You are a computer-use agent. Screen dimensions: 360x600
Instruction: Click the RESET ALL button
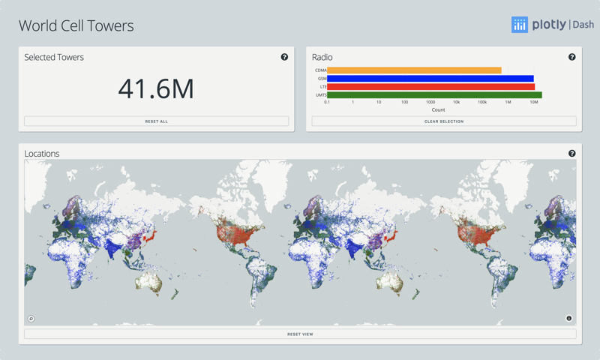[x=156, y=121]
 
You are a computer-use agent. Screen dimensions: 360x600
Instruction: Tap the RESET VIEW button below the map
[x=300, y=334]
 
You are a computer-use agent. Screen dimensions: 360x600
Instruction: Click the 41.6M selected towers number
[x=156, y=88]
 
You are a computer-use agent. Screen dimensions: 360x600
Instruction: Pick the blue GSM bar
[x=430, y=79]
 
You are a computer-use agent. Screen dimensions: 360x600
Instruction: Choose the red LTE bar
[x=430, y=87]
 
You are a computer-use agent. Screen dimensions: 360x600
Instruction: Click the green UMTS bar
[x=434, y=95]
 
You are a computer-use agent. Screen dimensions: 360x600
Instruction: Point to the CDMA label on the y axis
[x=321, y=70]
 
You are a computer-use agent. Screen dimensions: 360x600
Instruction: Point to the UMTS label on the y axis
[x=321, y=95]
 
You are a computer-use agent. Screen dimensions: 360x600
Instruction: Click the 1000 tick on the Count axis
[x=430, y=102]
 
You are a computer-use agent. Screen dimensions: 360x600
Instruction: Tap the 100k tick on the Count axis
[x=482, y=102]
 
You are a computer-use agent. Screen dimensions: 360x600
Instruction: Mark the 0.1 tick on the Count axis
[x=327, y=102]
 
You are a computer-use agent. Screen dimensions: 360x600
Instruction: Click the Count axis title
[x=438, y=109]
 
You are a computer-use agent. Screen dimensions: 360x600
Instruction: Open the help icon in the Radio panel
[x=571, y=57]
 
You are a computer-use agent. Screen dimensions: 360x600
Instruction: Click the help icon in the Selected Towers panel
[x=284, y=57]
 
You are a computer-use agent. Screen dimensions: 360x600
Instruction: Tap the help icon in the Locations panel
[x=571, y=153]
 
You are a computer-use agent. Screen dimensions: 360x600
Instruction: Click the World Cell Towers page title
[x=76, y=25]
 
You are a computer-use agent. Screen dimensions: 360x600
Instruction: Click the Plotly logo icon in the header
[x=520, y=25]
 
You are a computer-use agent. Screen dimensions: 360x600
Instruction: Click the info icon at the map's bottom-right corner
[x=568, y=319]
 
